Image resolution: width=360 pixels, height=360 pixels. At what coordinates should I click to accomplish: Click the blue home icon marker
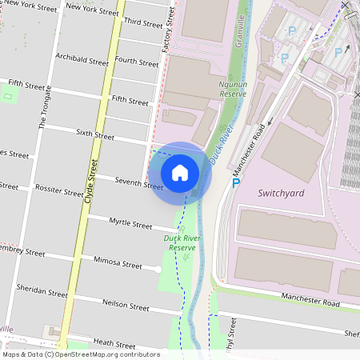[x=180, y=172]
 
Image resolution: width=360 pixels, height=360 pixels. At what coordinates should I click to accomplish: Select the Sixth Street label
[x=95, y=135]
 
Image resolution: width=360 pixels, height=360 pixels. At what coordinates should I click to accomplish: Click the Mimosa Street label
[x=118, y=262]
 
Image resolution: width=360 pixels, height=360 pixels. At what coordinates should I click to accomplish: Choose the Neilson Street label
[x=126, y=305]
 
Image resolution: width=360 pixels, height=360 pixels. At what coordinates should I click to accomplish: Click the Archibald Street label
[x=82, y=59]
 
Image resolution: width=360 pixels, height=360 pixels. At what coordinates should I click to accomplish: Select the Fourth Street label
[x=137, y=61]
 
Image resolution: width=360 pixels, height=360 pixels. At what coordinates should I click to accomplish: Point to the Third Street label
[x=143, y=24]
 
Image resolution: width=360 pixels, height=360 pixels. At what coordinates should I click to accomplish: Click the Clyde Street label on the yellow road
[x=91, y=180]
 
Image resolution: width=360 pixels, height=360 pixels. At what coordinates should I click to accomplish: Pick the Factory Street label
[x=168, y=32]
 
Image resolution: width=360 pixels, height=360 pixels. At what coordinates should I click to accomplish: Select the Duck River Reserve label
[x=183, y=242]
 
